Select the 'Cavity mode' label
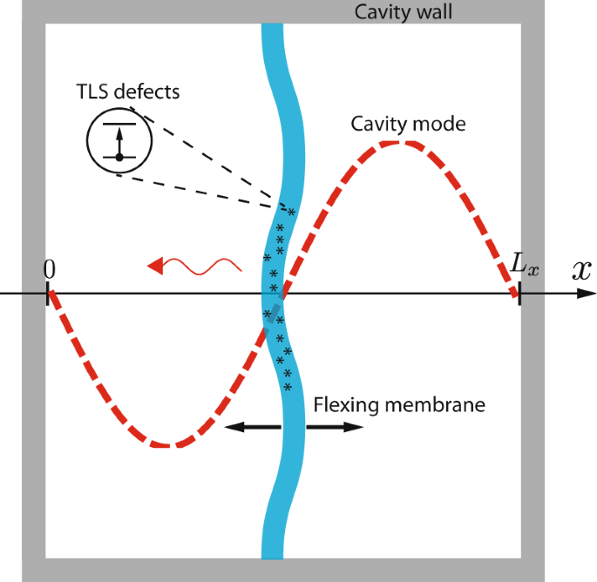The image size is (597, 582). pos(408,124)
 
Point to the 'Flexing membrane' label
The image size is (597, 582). pos(398,405)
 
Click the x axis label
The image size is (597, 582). pos(580,270)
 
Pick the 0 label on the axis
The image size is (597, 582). pos(49,270)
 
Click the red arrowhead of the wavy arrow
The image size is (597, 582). pos(156,265)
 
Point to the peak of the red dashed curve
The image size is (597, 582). pos(400,142)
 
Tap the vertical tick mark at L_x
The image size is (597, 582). pos(519,294)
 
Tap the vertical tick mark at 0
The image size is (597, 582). pos(48,294)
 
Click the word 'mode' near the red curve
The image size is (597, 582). pos(442,124)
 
